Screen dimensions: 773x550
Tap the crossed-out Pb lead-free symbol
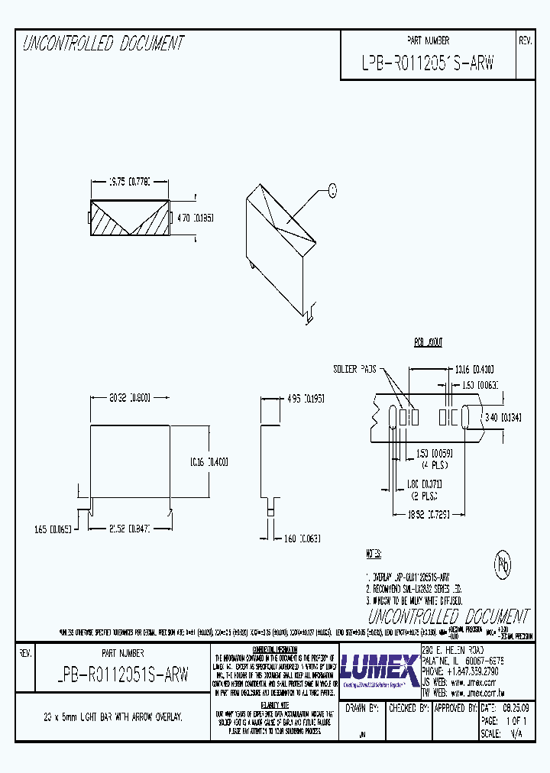[x=503, y=565]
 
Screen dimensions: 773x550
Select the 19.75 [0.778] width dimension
[x=128, y=182]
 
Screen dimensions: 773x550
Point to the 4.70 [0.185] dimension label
[x=195, y=218]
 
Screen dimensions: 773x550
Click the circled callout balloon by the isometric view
[x=332, y=190]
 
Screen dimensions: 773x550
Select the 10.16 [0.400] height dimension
[x=209, y=462]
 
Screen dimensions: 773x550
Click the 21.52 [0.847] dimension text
[x=129, y=528]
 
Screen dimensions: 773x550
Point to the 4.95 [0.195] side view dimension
[x=304, y=398]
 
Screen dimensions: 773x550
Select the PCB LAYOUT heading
[x=429, y=343]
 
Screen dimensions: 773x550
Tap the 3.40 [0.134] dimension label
[x=503, y=416]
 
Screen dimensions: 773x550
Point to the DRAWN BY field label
[x=362, y=708]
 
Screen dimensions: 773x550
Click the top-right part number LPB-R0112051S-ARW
[x=428, y=63]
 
